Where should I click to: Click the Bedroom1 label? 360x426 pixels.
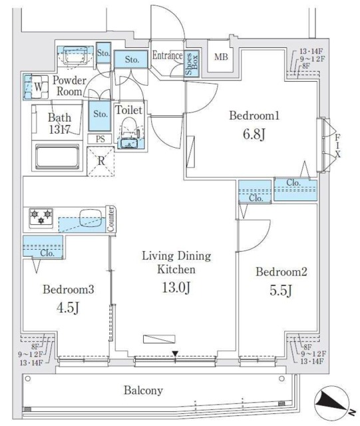[x=254, y=115]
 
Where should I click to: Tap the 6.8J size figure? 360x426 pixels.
[x=254, y=134]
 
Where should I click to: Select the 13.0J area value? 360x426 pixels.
[x=176, y=288]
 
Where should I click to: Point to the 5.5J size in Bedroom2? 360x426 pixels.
[x=281, y=290]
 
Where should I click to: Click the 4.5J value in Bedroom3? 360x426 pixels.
[x=68, y=308]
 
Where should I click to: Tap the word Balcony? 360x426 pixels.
[x=143, y=391]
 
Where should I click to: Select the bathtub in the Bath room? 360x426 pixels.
[x=57, y=157]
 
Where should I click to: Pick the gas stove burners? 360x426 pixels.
[x=41, y=217]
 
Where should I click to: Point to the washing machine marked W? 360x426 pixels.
[x=35, y=87]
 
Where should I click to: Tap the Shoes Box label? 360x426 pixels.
[x=192, y=64]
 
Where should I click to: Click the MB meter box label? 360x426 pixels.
[x=221, y=57]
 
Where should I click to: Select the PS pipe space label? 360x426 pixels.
[x=100, y=139]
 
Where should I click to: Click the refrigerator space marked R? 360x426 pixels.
[x=100, y=161]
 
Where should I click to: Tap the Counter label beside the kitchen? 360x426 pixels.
[x=110, y=219]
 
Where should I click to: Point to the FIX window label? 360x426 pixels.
[x=337, y=146]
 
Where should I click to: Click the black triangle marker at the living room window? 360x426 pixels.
[x=175, y=353]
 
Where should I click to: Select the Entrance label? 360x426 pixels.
[x=168, y=55]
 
